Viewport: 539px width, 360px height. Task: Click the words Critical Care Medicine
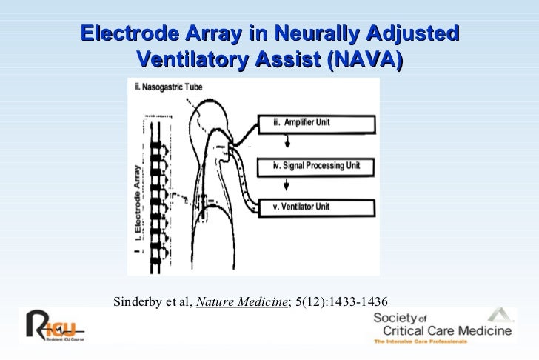point(441,330)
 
